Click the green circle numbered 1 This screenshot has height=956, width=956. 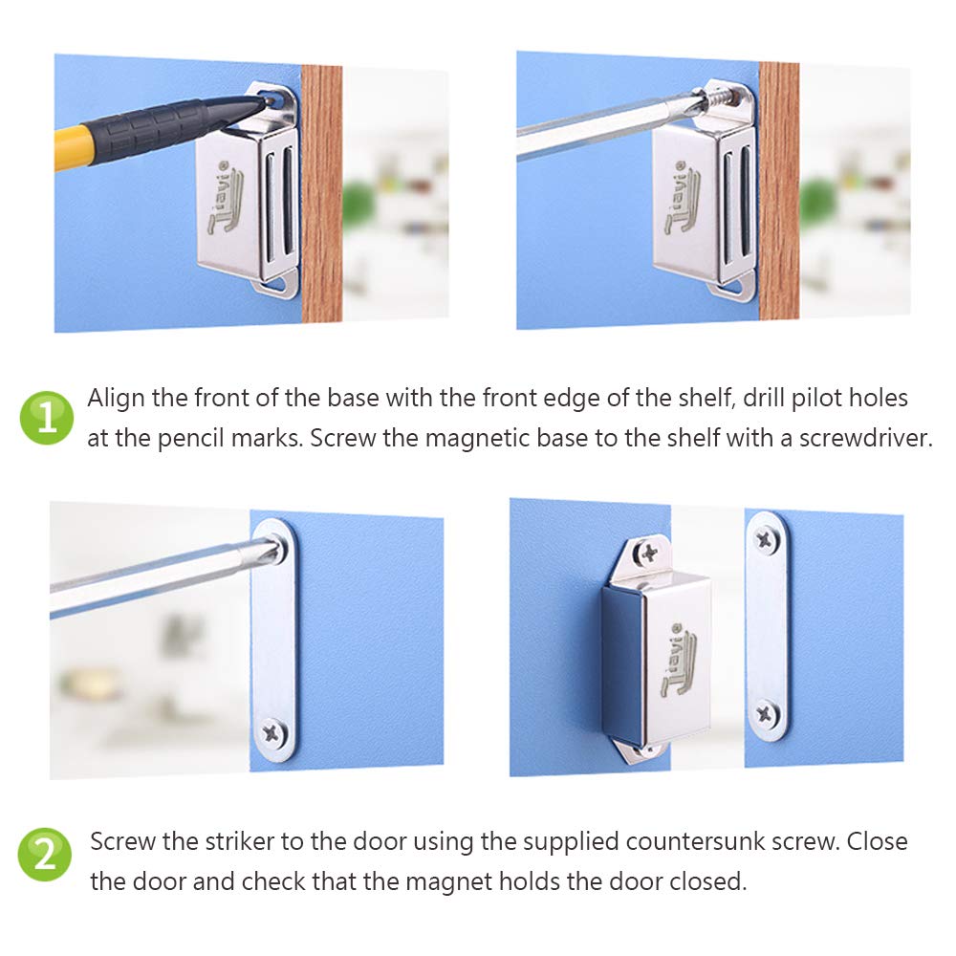pos(46,417)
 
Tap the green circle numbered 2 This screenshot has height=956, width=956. pos(46,854)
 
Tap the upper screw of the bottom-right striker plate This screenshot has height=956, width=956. pos(766,539)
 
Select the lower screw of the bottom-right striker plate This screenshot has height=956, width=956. pos(766,713)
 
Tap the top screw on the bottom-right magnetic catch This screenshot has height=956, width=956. pos(648,552)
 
